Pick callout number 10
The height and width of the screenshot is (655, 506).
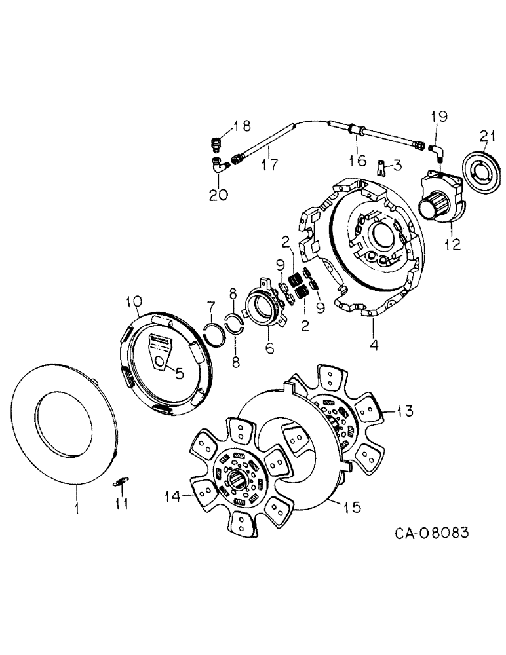pyautogui.click(x=134, y=302)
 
